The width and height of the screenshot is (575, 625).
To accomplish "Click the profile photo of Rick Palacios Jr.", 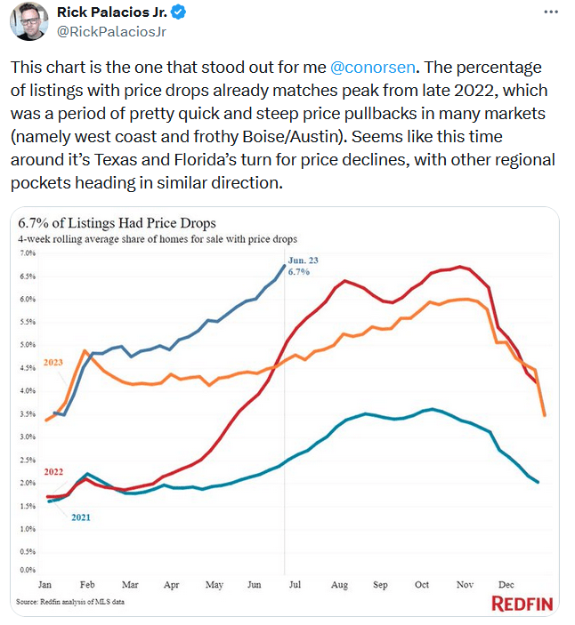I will (x=28, y=21).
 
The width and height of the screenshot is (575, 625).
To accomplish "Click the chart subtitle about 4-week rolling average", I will (x=157, y=240).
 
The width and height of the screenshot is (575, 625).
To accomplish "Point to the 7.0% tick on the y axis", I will (x=27, y=253).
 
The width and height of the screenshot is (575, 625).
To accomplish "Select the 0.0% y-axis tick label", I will (x=27, y=570).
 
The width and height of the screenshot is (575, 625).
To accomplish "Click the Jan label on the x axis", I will (x=45, y=585).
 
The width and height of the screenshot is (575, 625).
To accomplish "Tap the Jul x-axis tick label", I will (x=295, y=585).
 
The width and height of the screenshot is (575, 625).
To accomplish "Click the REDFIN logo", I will (x=522, y=605).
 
